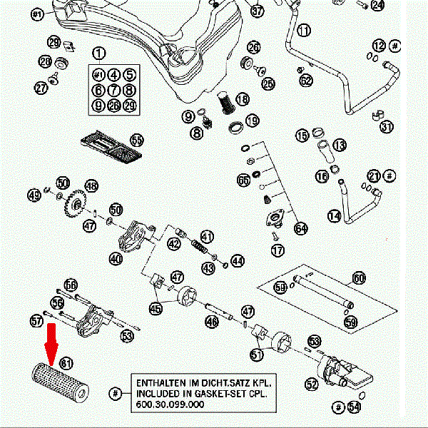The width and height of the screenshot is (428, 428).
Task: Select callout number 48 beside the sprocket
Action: pos(91,185)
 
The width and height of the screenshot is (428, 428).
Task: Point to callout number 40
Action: pos(116,259)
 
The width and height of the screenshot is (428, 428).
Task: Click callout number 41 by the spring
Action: pos(207,236)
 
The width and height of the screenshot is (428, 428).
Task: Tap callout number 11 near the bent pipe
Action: pos(305,31)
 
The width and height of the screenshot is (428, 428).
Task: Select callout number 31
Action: pos(387,127)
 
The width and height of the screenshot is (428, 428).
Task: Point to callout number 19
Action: pos(251,121)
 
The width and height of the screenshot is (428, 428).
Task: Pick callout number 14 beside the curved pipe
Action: pos(334,214)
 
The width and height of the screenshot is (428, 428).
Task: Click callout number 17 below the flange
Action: pos(277,250)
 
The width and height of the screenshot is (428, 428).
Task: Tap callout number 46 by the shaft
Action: pos(211,322)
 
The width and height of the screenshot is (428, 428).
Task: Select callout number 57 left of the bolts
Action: pos(37,322)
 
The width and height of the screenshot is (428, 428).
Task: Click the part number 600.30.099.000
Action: pos(168,404)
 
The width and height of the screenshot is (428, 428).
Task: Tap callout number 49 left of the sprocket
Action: pos(34,195)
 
